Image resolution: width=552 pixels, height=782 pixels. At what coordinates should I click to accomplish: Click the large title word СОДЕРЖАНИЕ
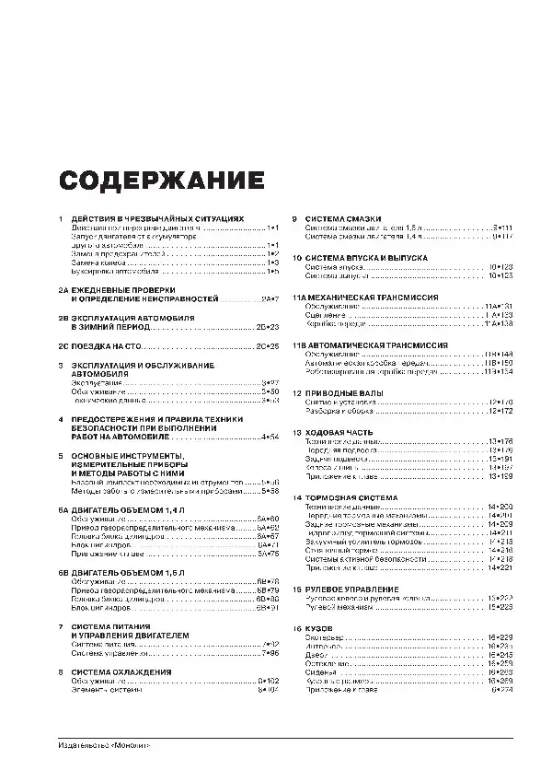(160, 179)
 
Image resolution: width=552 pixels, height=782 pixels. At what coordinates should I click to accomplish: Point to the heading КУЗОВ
(318, 629)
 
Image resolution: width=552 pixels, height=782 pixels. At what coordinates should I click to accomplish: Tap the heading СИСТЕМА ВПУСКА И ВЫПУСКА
(366, 258)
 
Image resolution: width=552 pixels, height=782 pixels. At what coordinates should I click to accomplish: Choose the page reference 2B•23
(267, 326)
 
